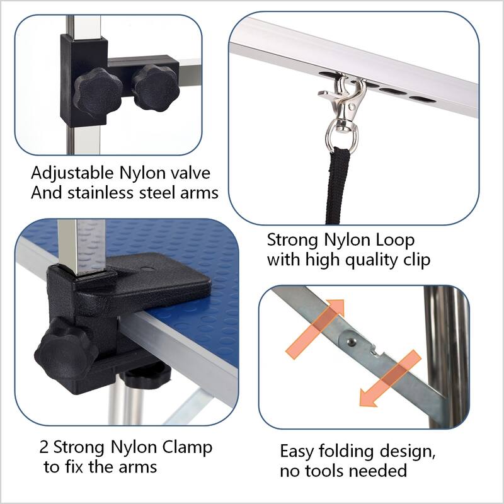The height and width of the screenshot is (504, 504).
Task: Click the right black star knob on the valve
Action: (x=156, y=87)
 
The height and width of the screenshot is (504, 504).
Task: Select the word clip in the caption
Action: (x=416, y=260)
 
